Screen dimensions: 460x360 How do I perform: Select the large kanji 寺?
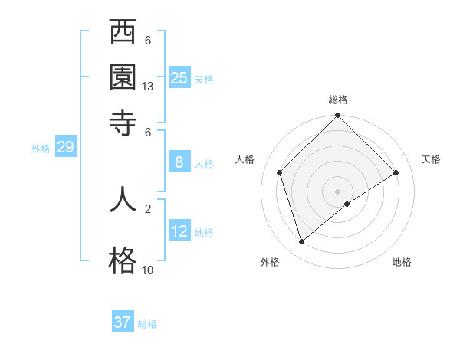123,122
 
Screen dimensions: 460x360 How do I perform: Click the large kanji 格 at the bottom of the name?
123,260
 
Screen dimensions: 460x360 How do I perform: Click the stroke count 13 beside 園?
148,87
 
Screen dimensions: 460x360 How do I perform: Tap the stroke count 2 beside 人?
148,208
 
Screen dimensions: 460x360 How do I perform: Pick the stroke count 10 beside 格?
148,270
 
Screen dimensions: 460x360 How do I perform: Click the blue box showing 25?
179,77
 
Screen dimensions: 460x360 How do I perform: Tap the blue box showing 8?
179,162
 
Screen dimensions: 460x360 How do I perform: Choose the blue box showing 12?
179,231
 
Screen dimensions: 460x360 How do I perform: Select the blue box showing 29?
65,147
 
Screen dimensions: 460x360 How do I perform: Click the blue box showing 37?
122,322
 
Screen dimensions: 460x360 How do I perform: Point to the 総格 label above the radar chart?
338,100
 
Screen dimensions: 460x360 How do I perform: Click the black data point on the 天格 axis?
396,172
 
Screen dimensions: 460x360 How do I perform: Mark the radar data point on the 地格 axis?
347,204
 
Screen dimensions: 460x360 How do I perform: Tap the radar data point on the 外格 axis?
301,242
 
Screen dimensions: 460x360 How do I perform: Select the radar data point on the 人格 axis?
280,172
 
